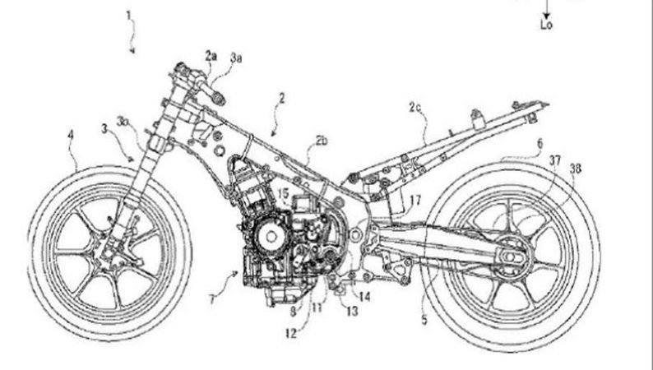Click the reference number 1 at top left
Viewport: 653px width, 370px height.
click(128, 14)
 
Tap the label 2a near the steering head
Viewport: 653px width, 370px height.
click(211, 56)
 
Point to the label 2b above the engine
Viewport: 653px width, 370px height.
click(320, 141)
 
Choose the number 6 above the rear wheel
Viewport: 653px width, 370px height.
click(539, 143)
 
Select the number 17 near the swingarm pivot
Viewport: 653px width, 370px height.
click(415, 199)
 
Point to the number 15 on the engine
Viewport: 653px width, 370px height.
click(282, 193)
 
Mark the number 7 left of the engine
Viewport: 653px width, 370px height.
click(212, 300)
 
